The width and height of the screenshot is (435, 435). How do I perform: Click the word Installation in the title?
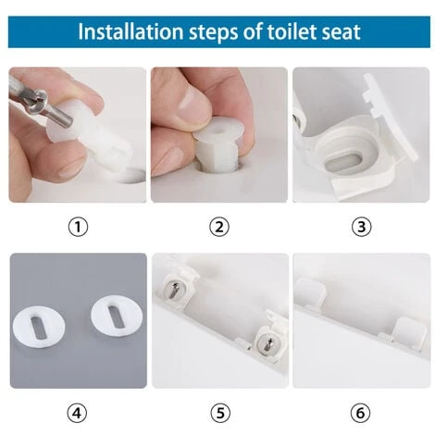(x=126, y=31)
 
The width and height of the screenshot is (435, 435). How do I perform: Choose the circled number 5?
(x=218, y=410)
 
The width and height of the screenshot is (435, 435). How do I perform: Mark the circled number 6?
(x=361, y=410)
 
